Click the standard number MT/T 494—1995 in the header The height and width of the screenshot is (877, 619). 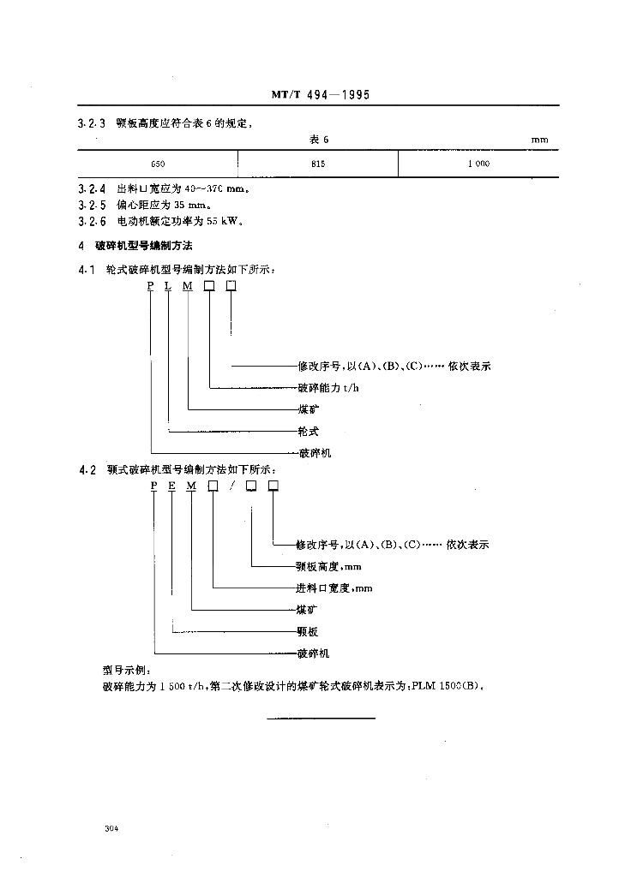[x=321, y=96]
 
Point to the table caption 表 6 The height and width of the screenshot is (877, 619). [x=320, y=139]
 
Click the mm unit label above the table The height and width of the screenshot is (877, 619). [x=538, y=139]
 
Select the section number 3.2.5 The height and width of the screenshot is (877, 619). [x=92, y=205]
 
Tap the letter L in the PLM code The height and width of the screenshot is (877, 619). [x=168, y=285]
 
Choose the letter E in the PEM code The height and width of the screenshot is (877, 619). [x=171, y=486]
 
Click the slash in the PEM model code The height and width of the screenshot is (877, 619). [x=231, y=486]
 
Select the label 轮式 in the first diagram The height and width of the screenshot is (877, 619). [x=307, y=431]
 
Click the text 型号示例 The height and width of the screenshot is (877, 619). [x=126, y=671]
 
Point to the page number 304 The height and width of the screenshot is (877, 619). [x=110, y=829]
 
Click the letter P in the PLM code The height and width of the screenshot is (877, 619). [x=150, y=285]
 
